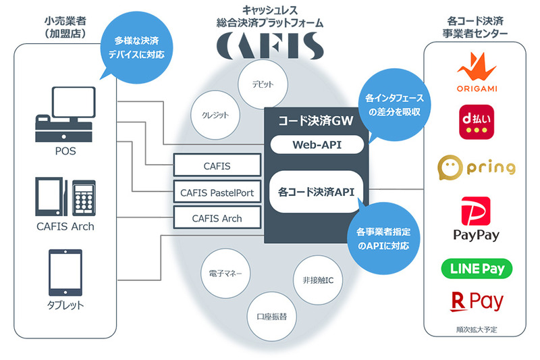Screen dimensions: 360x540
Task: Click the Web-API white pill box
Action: click(316, 145)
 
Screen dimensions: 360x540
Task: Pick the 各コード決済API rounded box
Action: click(316, 192)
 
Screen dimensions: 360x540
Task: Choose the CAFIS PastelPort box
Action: click(217, 192)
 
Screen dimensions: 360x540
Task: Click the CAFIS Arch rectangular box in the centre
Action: click(217, 218)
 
